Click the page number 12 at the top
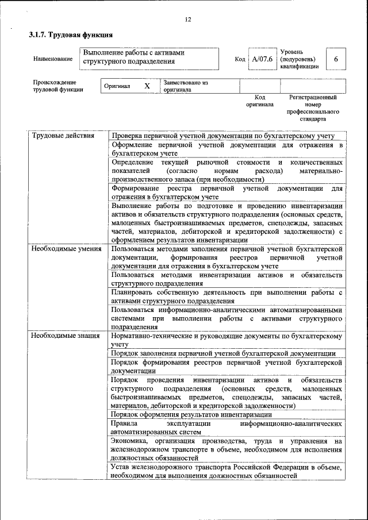[x=187, y=20]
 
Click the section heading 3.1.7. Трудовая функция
[x=67, y=35]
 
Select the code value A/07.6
[x=262, y=59]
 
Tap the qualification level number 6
[x=336, y=60]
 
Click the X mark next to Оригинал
[x=147, y=86]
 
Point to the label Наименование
[x=53, y=59]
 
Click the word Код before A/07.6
[x=240, y=59]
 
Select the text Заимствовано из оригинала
[x=185, y=86]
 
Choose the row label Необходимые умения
[x=66, y=249]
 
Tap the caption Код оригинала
[x=260, y=101]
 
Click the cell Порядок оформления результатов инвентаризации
[x=191, y=414]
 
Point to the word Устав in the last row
[x=122, y=467]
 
